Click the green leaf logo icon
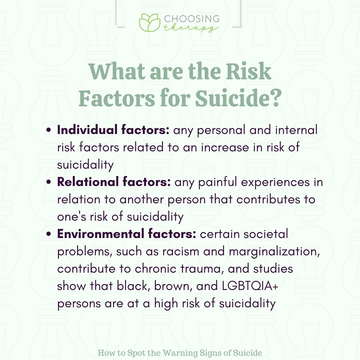[x=149, y=23]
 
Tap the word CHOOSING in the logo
[x=192, y=19]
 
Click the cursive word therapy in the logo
[x=191, y=28]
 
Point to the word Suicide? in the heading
[x=238, y=98]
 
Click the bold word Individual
[x=87, y=130]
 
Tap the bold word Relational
[x=88, y=182]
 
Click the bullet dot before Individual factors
[x=48, y=130]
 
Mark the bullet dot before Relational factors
[x=48, y=182]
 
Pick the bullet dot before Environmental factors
[x=48, y=234]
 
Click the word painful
[x=217, y=183]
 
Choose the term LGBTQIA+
[x=250, y=286]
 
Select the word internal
[x=296, y=130]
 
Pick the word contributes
[x=268, y=199]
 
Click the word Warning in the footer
[x=180, y=353]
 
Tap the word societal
[x=266, y=234]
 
